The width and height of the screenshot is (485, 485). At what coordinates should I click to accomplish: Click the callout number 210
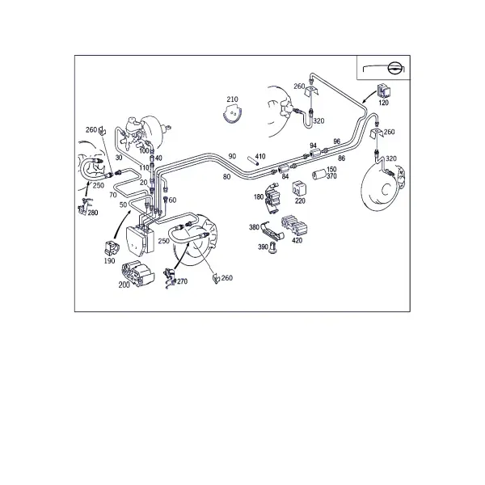232,99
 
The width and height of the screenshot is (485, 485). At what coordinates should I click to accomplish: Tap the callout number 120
383,103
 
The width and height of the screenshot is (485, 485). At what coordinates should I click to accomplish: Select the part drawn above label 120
383,91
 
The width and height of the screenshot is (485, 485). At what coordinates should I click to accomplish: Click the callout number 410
260,157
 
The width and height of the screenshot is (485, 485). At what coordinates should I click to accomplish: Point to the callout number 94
313,145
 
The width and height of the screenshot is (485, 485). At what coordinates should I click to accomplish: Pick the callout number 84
285,176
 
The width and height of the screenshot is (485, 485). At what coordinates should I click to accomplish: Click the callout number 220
300,201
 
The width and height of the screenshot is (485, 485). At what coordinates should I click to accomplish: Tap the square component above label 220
299,188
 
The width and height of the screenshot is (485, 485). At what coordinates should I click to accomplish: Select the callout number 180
259,196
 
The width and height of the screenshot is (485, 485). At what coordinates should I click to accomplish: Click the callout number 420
297,240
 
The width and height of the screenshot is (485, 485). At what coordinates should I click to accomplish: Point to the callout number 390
263,247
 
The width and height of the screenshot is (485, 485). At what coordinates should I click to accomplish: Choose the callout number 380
254,227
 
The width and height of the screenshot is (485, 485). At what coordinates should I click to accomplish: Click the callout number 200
124,285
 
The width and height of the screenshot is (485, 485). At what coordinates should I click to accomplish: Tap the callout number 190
109,261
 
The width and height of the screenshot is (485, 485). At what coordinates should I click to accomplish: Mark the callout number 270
182,281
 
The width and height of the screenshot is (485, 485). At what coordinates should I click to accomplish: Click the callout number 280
93,213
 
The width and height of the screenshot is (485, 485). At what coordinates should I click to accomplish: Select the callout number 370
331,176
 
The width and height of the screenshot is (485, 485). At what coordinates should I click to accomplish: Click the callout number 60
173,200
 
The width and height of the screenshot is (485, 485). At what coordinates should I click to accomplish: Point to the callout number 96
337,141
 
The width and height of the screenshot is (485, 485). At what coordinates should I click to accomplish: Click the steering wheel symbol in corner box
394,68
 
